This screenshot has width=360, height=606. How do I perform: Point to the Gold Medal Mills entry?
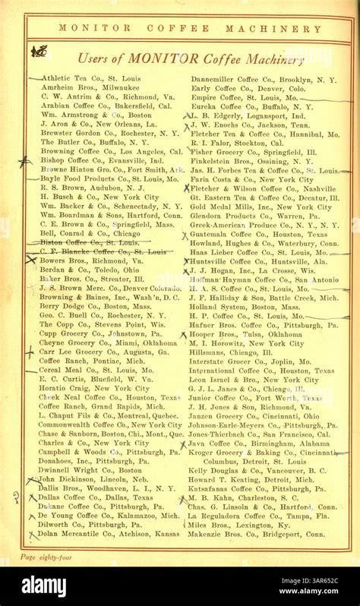(261, 206)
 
